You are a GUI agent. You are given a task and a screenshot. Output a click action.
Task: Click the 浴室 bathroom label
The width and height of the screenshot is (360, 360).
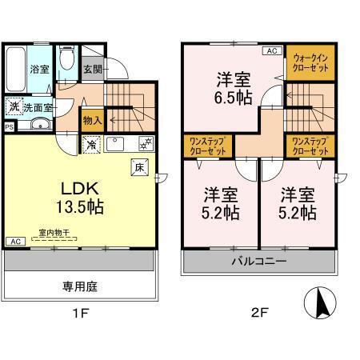(38, 69)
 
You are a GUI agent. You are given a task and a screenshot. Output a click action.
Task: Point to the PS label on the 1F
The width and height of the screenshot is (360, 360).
(9, 126)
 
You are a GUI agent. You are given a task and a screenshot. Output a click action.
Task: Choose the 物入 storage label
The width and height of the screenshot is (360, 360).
(93, 121)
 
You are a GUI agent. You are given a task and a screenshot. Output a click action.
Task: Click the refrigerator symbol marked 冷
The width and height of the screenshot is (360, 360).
(92, 146)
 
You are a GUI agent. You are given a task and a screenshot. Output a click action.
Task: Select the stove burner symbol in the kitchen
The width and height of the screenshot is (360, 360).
(146, 145)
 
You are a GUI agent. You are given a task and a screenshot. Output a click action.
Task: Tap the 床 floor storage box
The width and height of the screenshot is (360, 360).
(138, 167)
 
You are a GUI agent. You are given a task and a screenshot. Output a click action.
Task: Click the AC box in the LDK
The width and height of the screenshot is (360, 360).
(14, 241)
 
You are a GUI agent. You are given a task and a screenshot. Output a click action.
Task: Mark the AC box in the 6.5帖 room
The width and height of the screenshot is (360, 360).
(271, 51)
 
